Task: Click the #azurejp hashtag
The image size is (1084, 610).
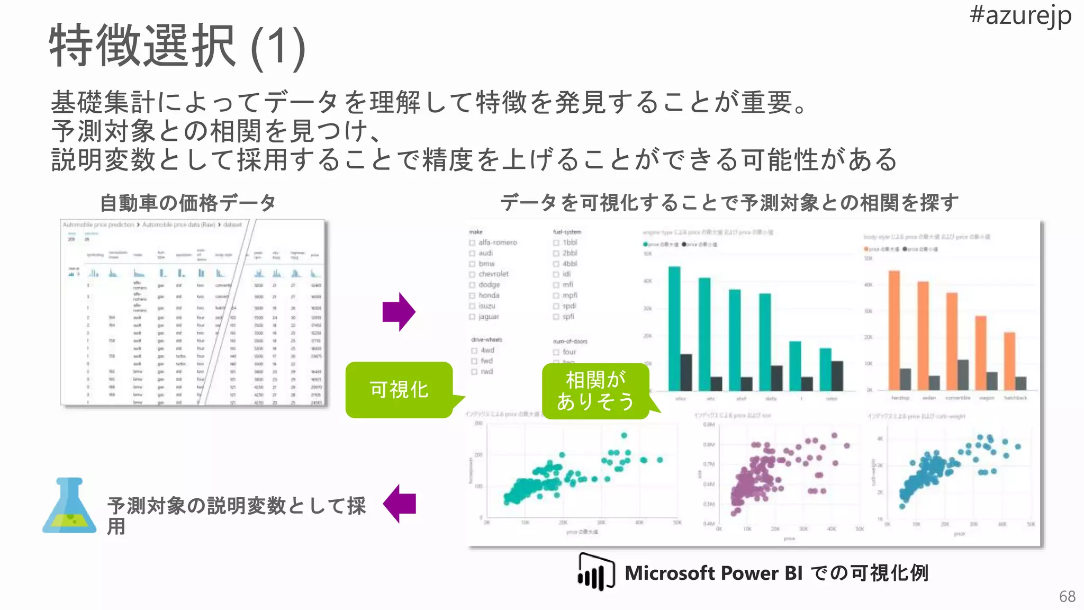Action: (1020, 16)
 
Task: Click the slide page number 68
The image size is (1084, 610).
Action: (1067, 597)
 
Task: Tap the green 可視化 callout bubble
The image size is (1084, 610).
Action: (399, 390)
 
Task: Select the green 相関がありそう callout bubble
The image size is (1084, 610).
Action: (595, 391)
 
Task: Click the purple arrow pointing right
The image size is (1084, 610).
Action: (399, 312)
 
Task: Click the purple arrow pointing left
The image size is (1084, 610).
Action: (399, 504)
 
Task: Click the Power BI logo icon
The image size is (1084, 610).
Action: (596, 572)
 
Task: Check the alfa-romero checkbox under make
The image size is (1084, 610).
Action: (472, 243)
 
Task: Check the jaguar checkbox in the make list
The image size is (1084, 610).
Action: (472, 317)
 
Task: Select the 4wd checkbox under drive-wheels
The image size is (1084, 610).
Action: (474, 351)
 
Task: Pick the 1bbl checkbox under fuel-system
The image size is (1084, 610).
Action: (556, 243)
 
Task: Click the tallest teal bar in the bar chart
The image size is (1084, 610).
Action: (674, 328)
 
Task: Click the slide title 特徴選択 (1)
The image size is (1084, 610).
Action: (177, 47)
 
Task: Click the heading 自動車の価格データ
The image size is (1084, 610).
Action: (188, 203)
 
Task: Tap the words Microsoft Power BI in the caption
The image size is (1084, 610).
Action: (713, 573)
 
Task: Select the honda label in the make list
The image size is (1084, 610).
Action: (489, 295)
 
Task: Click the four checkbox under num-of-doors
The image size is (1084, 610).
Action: (556, 352)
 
